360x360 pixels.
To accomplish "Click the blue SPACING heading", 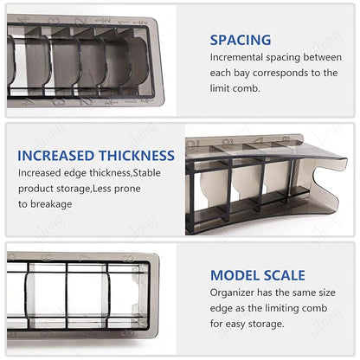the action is click(x=241, y=40).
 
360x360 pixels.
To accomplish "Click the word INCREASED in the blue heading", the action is click(x=56, y=156).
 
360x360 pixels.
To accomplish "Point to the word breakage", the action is click(x=51, y=204).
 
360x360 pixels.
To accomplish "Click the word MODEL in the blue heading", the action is click(x=235, y=275).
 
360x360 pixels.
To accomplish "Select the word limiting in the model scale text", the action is click(x=278, y=308).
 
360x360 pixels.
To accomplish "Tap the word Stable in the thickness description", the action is click(x=147, y=173).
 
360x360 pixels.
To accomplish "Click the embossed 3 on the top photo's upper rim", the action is click(x=54, y=21).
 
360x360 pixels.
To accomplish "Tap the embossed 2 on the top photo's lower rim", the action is click(x=86, y=101).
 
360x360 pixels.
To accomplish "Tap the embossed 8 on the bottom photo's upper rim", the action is click(x=129, y=259).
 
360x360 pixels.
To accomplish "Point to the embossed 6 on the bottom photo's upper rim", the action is click(x=46, y=257).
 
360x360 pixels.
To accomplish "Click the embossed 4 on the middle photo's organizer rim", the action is click(x=260, y=141).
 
